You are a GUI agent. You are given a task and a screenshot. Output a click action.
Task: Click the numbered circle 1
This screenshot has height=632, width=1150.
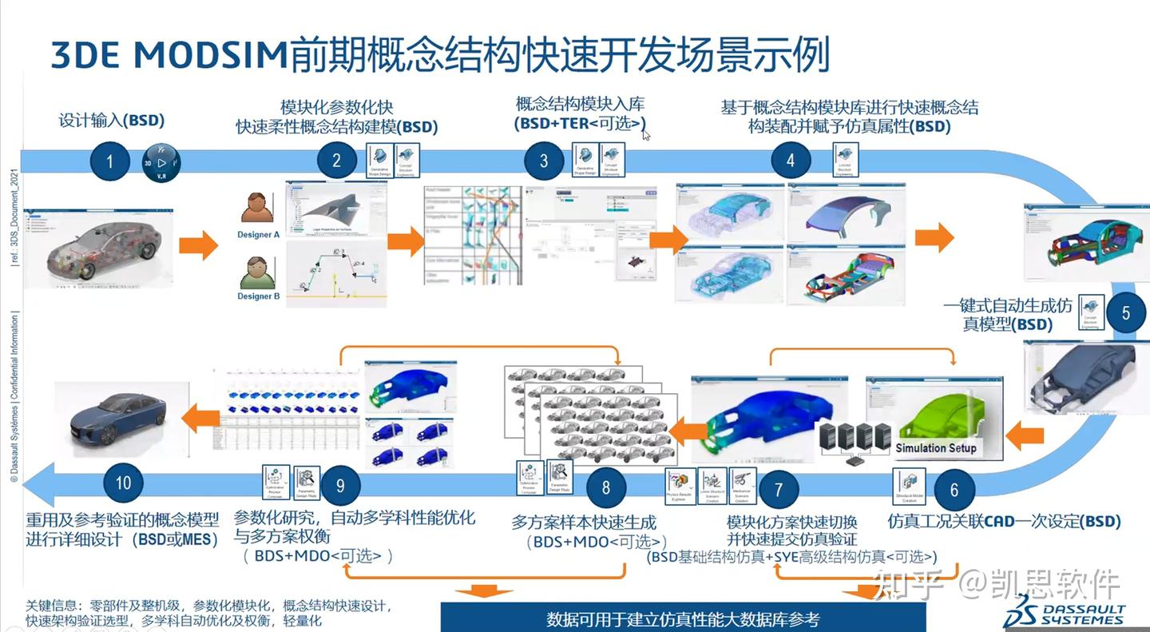[109, 162]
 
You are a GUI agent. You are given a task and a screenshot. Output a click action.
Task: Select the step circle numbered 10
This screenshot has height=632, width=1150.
[123, 483]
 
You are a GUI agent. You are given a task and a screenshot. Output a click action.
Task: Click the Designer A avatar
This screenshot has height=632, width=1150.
[258, 207]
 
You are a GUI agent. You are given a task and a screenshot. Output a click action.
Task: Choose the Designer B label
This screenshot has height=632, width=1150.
[259, 296]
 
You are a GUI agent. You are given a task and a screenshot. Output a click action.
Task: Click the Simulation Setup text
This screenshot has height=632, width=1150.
[936, 448]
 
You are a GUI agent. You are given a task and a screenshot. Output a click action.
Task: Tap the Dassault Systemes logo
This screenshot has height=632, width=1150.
[1065, 613]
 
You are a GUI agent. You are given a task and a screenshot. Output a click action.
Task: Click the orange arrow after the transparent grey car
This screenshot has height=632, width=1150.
[198, 245]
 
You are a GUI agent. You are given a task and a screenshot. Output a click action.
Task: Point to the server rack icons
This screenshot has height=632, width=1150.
[855, 441]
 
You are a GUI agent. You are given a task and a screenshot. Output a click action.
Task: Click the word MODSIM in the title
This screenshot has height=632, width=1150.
[208, 54]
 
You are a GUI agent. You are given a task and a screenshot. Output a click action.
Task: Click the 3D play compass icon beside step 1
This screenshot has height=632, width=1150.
[161, 162]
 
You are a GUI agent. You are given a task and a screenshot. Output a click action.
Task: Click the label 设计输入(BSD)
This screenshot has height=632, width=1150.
[112, 121]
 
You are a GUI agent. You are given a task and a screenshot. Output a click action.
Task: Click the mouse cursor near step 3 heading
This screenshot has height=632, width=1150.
[646, 134]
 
